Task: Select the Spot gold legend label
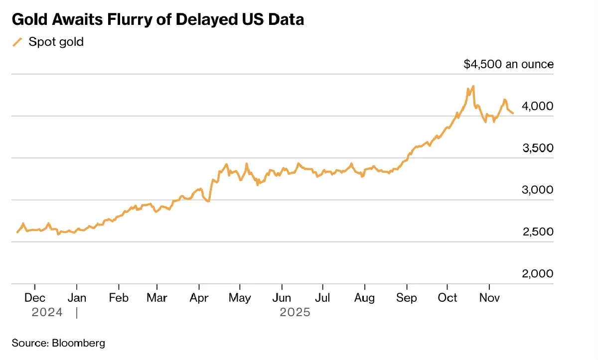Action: point(56,42)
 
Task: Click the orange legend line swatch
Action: point(17,42)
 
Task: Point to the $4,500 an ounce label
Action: point(508,64)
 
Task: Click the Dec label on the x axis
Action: point(35,298)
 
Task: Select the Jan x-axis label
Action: point(77,298)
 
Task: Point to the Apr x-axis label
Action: point(199,298)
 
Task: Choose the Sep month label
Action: point(407,298)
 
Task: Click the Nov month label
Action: point(489,298)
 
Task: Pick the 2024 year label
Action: point(47,313)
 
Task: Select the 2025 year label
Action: point(295,313)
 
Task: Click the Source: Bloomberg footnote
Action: point(58,343)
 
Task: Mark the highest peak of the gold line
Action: point(472,86)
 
